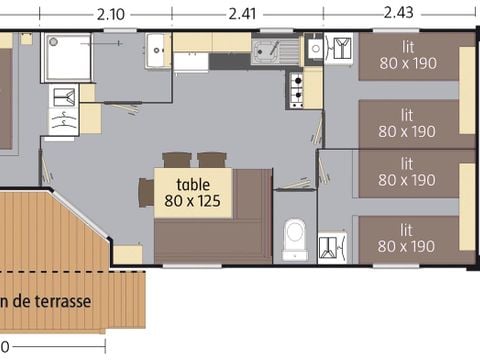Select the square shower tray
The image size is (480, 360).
coord(65,58)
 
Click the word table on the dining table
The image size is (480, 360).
coord(193,184)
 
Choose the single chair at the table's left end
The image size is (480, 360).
coord(146,192)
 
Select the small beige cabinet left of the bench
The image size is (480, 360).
coord(128,254)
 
